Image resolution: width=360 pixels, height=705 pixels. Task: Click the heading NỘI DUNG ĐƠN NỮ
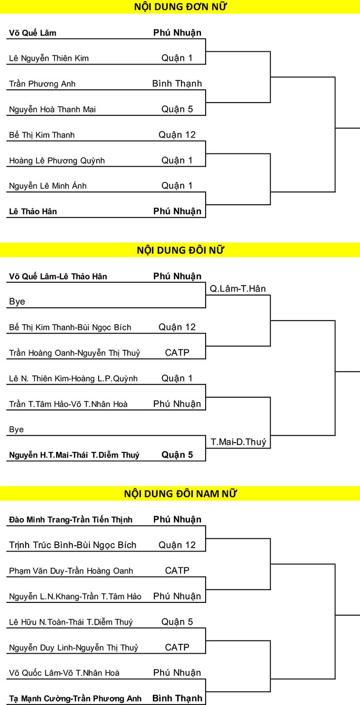180,6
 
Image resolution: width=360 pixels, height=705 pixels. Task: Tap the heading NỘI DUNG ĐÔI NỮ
180,250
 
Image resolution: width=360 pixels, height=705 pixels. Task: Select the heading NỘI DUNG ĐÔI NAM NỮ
180,493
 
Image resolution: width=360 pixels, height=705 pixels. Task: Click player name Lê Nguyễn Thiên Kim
49,59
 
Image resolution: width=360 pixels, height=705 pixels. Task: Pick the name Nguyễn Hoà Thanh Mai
52,110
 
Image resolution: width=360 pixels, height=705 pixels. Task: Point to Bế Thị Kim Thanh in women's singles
41,135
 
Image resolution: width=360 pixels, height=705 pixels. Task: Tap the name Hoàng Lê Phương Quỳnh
57,161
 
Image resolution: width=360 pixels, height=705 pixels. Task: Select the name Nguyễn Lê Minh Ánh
47,186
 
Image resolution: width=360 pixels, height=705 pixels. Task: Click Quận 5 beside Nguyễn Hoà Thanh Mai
177,109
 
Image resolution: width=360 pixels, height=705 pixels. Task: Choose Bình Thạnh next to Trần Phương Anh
177,84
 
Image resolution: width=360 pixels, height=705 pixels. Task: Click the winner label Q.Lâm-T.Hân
238,289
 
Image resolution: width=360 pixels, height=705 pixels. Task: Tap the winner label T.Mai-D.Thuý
238,442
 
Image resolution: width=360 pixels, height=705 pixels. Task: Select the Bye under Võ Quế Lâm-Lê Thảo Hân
17,302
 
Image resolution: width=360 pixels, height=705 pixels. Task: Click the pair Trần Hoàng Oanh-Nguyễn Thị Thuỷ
74,353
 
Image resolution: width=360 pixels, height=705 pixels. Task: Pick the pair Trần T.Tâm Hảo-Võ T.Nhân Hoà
68,404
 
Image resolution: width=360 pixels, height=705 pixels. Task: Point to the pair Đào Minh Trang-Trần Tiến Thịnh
71,519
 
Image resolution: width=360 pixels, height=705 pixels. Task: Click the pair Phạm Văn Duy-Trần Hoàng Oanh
71,571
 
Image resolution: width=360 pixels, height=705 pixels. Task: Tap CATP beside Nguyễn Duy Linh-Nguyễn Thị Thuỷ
177,647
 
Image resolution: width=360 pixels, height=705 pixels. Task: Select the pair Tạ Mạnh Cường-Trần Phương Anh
75,699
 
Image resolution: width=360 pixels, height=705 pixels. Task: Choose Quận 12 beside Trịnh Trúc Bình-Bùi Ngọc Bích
177,545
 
